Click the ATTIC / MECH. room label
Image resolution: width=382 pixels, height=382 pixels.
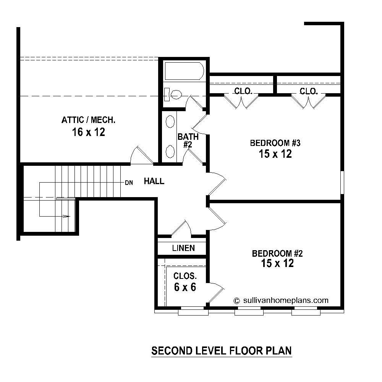pos(88,120)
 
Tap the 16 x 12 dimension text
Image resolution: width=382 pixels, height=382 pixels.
pos(88,132)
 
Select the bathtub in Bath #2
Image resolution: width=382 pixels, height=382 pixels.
pos(184,71)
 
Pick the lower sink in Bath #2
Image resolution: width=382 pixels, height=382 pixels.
pos(170,151)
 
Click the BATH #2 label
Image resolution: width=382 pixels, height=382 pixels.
pos(188,140)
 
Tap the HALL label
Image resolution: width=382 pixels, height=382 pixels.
pos(154,181)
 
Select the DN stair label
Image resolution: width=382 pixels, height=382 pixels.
pos(129,183)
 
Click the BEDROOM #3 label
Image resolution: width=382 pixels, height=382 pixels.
pos(276,143)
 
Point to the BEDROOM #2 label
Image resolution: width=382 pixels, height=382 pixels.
pos(277,253)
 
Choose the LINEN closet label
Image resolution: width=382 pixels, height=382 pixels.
pos(183,248)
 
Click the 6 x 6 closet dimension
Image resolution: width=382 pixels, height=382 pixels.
pos(185,287)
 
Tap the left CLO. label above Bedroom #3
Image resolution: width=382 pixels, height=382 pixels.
pos(243,91)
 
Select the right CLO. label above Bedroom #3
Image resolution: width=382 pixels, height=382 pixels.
pos(309,91)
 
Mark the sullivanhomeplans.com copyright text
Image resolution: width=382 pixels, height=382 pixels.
pos(281,300)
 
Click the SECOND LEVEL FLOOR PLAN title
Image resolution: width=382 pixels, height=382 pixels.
pos(222,351)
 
